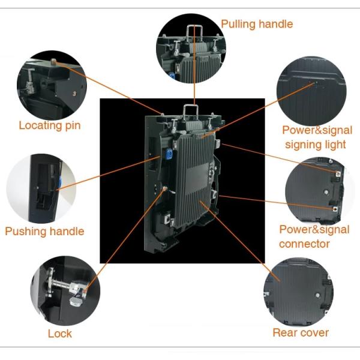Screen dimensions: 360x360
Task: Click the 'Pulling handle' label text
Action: (x=257, y=24)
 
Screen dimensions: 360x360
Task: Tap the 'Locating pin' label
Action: (x=49, y=125)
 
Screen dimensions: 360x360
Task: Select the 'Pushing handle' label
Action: (x=44, y=231)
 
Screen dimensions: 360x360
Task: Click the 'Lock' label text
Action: (x=60, y=333)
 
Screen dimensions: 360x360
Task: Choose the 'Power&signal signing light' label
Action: (x=317, y=137)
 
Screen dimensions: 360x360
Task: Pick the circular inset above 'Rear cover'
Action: (x=298, y=292)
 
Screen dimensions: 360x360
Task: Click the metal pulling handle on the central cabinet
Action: (x=192, y=109)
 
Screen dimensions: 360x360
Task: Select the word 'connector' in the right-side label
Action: (x=304, y=244)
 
